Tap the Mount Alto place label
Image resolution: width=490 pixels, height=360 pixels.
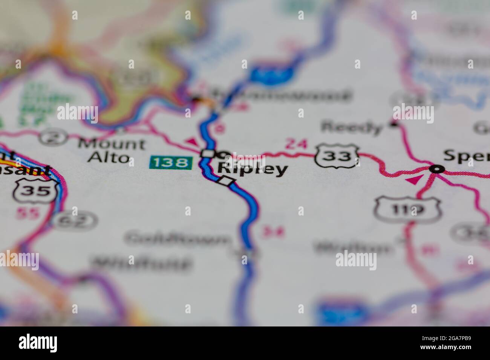pyautogui.click(x=111, y=150)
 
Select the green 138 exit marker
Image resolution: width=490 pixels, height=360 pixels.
pyautogui.click(x=171, y=163)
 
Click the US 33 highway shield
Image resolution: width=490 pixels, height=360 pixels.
pyautogui.click(x=337, y=155)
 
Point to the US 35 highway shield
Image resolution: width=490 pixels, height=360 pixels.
pyautogui.click(x=37, y=190)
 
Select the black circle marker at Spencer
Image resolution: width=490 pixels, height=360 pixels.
pyautogui.click(x=436, y=169)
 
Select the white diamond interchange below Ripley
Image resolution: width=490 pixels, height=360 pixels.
pyautogui.click(x=226, y=181)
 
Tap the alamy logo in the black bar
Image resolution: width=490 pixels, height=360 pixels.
pyautogui.click(x=38, y=343)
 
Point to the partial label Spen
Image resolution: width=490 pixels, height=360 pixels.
pyautogui.click(x=466, y=156)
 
